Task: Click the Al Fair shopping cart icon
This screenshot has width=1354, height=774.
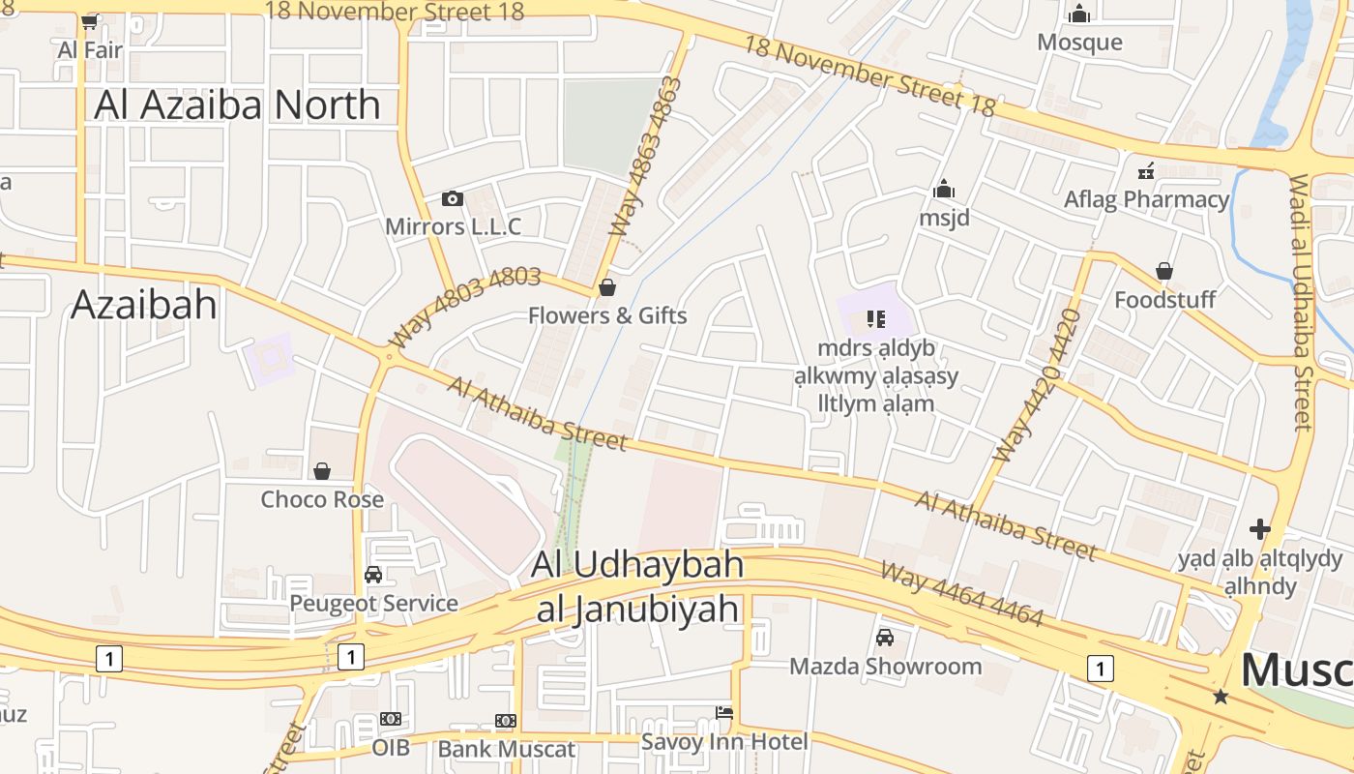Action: [x=90, y=21]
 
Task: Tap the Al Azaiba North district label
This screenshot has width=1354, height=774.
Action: [x=237, y=104]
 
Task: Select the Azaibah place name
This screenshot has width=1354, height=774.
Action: [x=144, y=305]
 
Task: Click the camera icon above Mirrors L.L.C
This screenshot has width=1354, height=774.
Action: [x=452, y=198]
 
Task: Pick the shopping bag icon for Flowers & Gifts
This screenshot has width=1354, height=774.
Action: [x=607, y=287]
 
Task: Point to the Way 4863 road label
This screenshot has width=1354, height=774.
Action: [x=646, y=157]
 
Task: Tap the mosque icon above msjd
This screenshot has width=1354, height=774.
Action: [x=944, y=189]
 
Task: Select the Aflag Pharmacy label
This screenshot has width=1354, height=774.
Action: [x=1146, y=199]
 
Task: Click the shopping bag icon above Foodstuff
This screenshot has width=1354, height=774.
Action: [x=1164, y=271]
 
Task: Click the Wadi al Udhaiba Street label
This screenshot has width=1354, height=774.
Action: [x=1301, y=302]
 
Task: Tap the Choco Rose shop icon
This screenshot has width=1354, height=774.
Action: [x=322, y=471]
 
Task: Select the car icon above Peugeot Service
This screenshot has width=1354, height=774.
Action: [x=373, y=575]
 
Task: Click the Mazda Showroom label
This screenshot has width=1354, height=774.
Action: [x=885, y=666]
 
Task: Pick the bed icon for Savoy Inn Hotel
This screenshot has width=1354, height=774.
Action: [x=724, y=713]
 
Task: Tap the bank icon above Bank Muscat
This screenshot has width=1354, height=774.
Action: [x=506, y=721]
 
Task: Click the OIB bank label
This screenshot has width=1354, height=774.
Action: [x=391, y=747]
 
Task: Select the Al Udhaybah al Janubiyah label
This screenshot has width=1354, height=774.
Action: [x=638, y=586]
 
